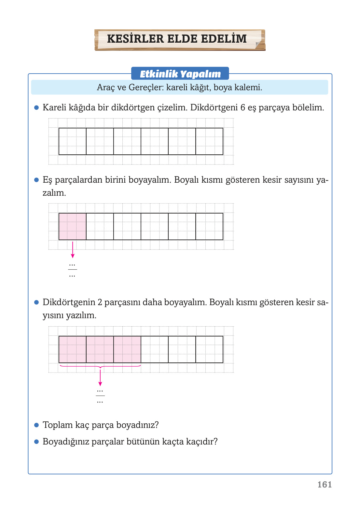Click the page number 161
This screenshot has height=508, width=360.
[325, 485]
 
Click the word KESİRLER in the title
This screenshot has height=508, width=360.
[135, 39]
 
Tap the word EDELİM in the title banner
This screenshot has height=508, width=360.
[224, 39]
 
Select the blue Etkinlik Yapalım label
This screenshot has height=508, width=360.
[180, 74]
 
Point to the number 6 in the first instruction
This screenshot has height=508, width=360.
[242, 107]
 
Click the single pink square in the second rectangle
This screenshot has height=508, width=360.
[73, 226]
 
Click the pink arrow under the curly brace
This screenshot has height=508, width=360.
[100, 378]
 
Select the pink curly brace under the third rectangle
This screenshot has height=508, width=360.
[100, 367]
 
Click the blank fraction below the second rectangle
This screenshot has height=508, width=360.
[72, 270]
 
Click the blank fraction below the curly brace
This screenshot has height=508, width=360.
[100, 396]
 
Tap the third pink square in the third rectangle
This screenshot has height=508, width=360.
[127, 349]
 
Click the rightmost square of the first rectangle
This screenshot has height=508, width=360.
[209, 141]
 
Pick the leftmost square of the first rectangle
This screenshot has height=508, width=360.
[73, 141]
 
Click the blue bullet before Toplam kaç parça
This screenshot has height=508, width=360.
[36, 425]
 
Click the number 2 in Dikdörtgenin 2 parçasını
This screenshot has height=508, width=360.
[100, 302]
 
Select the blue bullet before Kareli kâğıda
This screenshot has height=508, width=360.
[36, 107]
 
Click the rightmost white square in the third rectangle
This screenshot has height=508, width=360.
[209, 349]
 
